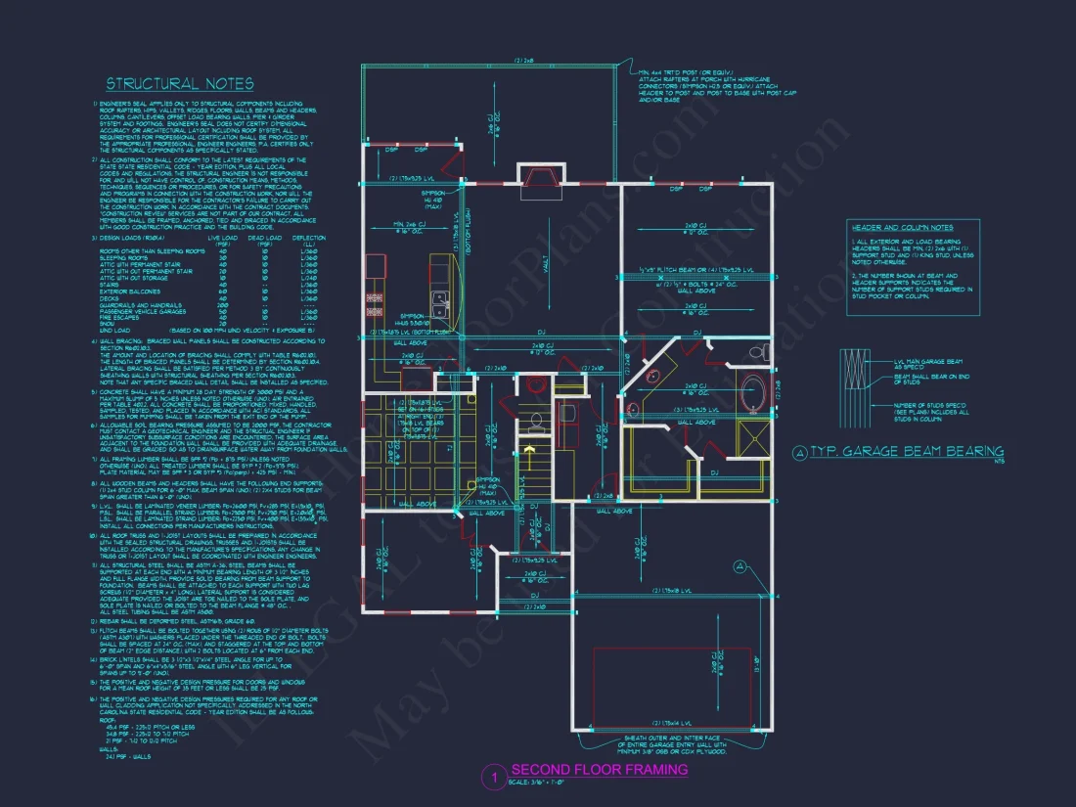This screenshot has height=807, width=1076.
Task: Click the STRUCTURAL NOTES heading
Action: [179, 84]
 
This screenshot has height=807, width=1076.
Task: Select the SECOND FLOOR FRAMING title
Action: [599, 770]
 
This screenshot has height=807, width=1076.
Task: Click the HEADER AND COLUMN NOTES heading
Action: [902, 228]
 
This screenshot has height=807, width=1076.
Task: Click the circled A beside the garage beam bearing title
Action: [800, 453]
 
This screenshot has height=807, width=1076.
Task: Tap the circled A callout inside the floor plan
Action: [740, 566]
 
